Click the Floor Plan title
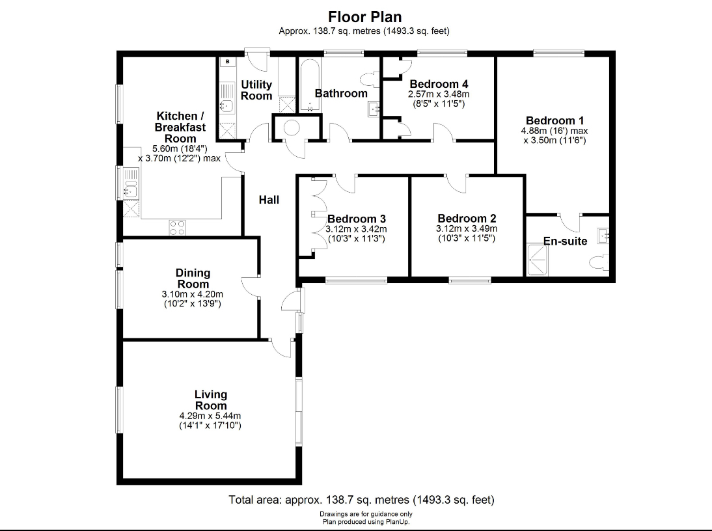coord(364,16)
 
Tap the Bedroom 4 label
coord(439,84)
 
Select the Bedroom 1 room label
coord(555,120)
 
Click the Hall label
coord(269,200)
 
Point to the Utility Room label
coord(256,90)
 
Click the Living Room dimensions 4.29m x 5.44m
coord(211,416)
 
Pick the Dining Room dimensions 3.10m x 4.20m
coord(193,294)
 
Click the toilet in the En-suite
coord(599,263)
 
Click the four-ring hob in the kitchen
coord(177,227)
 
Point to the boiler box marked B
coord(227,62)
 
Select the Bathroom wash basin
coord(374,109)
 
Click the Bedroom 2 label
coord(467,219)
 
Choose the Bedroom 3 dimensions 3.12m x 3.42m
coord(356,229)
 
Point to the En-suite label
coord(566,241)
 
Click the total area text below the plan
coord(361,500)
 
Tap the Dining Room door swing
coord(249,286)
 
